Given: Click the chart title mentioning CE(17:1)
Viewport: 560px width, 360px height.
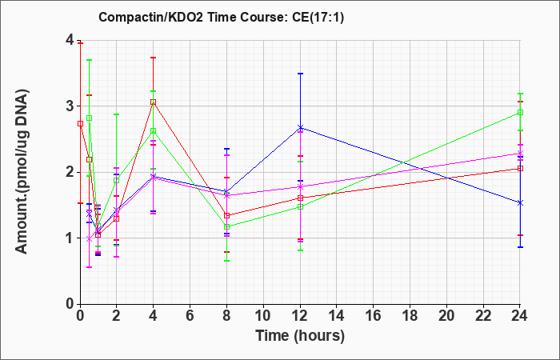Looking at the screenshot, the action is pos(221,17).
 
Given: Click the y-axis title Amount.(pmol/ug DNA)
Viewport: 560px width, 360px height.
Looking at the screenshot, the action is pos(22,172).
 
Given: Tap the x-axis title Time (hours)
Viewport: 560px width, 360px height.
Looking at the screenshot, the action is pos(300,336).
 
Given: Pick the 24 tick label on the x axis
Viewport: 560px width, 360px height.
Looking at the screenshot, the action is pos(519,316).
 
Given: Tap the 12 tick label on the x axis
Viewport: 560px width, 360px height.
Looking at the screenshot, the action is pos(300,316).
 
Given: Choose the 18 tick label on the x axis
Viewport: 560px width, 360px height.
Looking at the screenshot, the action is pos(410,316).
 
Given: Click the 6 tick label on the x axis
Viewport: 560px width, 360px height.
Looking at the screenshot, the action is pos(190,316).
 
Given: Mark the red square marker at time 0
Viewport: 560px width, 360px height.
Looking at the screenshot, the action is pos(81,123).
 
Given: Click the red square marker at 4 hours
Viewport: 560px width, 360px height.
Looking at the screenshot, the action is pos(154,102).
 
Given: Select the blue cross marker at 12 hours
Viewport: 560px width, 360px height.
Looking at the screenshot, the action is pos(300,127).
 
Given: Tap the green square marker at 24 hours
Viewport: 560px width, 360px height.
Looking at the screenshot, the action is pos(520,113).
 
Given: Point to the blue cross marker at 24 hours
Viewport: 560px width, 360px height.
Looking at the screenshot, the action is pos(520,203).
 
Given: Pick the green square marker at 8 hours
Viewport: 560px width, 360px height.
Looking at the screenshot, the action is pos(226,226).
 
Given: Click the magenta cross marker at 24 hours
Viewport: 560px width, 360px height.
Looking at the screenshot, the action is pos(520,154).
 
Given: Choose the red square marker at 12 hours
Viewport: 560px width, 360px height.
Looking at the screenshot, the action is pos(300,198).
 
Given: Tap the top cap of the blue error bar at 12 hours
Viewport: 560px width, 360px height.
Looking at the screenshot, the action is pos(300,74).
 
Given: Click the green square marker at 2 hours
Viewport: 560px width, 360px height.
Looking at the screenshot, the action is pos(117,180).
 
